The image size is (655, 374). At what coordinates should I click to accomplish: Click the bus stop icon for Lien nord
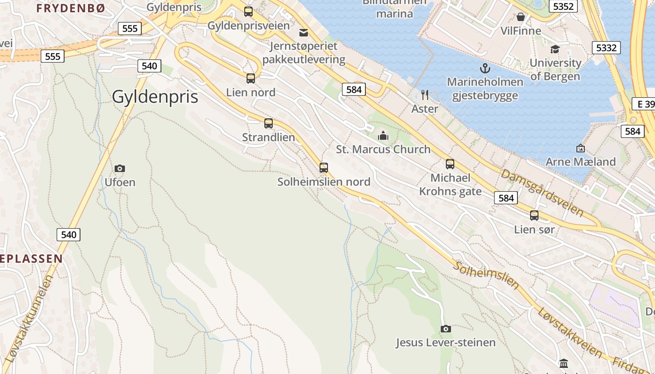click(251, 78)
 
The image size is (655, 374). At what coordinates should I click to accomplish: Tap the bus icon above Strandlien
click(269, 123)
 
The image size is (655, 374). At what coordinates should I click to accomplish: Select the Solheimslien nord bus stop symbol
click(324, 167)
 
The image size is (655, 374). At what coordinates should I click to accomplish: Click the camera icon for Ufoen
click(120, 168)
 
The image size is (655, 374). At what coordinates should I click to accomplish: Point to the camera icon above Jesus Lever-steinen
click(446, 329)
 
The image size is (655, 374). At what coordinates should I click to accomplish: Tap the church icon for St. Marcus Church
click(383, 136)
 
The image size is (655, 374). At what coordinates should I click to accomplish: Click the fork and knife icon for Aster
click(425, 95)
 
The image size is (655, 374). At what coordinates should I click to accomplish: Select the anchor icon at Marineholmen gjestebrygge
click(485, 68)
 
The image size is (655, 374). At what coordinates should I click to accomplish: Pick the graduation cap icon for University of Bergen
click(555, 49)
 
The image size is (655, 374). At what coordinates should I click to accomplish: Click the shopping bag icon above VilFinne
click(521, 17)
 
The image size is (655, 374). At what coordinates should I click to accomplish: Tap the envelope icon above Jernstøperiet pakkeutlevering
click(304, 32)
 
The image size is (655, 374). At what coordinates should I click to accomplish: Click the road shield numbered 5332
click(606, 47)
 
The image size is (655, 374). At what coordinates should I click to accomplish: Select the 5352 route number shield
click(563, 6)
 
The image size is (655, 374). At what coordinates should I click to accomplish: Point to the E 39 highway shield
click(645, 104)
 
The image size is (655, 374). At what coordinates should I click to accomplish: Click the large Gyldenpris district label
click(155, 97)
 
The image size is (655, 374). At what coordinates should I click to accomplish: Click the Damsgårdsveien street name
click(542, 193)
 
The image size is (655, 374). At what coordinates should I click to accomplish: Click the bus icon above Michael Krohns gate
click(450, 164)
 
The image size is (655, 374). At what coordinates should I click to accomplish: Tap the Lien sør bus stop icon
click(534, 216)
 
